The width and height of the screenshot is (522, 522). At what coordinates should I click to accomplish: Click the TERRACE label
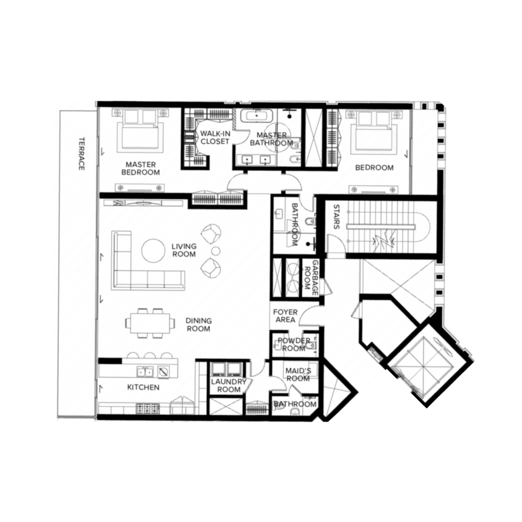pyautogui.click(x=82, y=153)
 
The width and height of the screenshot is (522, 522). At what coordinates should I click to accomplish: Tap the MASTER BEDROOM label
pyautogui.click(x=140, y=168)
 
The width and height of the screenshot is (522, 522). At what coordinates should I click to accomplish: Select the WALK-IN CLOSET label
pyautogui.click(x=215, y=138)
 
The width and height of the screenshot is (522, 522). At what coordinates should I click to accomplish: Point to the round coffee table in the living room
pyautogui.click(x=153, y=251)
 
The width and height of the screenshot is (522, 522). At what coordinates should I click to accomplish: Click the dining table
pyautogui.click(x=150, y=323)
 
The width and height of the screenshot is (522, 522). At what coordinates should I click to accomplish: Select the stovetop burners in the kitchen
pyautogui.click(x=149, y=408)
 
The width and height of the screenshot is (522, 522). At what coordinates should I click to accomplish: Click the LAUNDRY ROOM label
pyautogui.click(x=229, y=386)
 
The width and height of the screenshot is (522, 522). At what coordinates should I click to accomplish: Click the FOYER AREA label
pyautogui.click(x=285, y=316)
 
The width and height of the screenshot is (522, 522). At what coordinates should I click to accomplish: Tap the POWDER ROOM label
pyautogui.click(x=294, y=345)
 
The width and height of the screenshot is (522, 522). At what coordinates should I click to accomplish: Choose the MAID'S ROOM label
pyautogui.click(x=298, y=375)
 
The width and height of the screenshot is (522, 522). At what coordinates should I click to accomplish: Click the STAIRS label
pyautogui.click(x=336, y=217)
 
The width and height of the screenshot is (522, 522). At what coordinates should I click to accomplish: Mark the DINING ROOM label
pyautogui.click(x=198, y=324)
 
